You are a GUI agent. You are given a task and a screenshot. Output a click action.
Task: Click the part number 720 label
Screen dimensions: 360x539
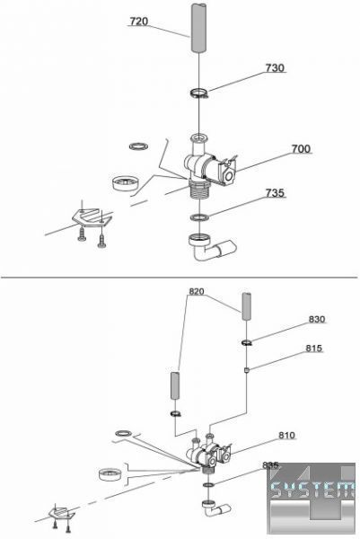coord(139,22)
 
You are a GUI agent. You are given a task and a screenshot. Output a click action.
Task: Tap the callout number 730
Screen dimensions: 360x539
coord(275,67)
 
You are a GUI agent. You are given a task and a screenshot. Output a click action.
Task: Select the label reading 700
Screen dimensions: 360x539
coord(301,149)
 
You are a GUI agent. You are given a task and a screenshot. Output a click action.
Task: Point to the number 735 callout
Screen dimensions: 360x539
coord(275,193)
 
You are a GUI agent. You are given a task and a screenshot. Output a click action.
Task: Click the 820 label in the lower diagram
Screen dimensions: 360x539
coord(197,291)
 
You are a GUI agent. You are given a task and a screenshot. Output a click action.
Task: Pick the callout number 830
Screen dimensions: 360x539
coord(316,319)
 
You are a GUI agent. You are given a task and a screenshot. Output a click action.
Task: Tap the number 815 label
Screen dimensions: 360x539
coord(314,349)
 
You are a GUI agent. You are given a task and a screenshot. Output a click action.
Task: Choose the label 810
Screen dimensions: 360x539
coord(286,436)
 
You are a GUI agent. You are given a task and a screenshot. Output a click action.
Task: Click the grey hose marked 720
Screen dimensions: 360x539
coord(199,28)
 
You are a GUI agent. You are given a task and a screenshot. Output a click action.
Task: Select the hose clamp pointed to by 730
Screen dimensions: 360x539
coord(199,93)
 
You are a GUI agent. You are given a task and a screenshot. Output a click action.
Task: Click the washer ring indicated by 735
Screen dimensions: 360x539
coord(199,216)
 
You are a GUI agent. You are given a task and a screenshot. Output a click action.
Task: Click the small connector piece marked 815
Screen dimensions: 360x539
coord(246,370)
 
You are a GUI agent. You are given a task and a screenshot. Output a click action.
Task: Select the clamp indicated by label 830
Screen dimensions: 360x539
coord(247,342)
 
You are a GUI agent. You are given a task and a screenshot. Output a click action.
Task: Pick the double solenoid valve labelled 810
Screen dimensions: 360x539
coord(209,453)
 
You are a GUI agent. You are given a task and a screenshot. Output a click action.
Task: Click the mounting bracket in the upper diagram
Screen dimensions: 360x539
coord(92,217)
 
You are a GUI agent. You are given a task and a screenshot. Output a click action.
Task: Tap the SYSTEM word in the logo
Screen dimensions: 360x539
coord(312,489)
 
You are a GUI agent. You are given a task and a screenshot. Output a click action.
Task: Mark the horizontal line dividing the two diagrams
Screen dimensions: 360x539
coord(179,277)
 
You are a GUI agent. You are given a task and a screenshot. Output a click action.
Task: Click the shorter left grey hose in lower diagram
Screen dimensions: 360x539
coord(176,385)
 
